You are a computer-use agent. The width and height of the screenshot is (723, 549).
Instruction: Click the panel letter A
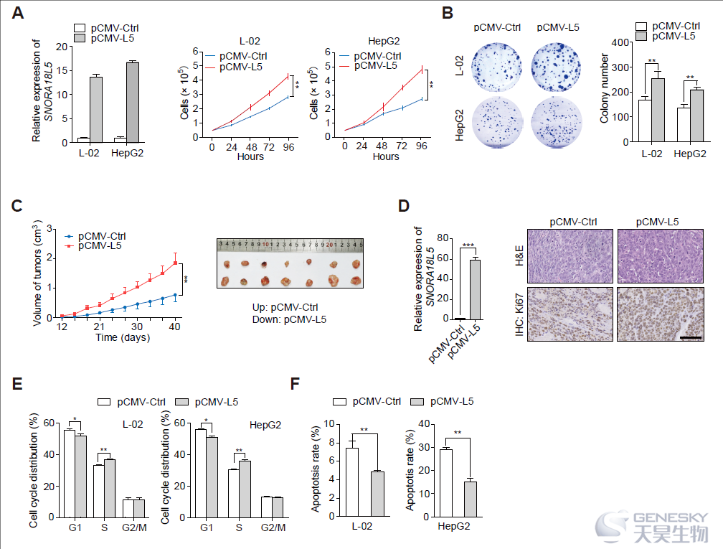tap(17, 13)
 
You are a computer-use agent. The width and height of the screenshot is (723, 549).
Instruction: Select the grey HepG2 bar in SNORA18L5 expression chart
tap(133, 103)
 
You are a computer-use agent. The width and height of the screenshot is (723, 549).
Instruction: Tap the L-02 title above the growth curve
tap(250, 41)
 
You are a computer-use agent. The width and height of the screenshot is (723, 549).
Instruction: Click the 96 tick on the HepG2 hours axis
tap(421, 146)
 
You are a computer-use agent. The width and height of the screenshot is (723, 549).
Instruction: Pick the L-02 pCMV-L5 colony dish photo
tap(556, 67)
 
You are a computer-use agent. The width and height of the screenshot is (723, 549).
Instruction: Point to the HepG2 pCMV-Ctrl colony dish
tap(497, 121)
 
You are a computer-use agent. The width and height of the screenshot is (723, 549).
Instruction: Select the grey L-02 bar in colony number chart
tap(658, 110)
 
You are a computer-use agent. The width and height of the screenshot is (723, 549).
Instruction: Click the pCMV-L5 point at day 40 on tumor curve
tap(175, 263)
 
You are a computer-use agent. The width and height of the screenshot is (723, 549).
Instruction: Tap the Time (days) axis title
tap(123, 337)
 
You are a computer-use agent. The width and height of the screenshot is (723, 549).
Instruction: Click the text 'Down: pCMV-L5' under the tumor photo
tap(289, 320)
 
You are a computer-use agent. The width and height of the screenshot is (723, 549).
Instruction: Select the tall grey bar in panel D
tap(475, 290)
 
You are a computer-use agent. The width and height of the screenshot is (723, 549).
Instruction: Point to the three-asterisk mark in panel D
tap(468, 245)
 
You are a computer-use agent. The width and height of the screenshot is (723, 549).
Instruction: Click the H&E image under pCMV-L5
tap(661, 256)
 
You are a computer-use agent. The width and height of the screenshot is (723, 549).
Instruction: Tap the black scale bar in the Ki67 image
tap(691, 337)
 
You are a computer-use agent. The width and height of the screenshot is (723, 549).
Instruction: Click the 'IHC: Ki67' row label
tap(519, 314)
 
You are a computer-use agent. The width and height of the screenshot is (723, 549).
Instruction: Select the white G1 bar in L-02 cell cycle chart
tap(70, 474)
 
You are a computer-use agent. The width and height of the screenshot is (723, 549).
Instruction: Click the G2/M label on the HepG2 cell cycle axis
tap(273, 527)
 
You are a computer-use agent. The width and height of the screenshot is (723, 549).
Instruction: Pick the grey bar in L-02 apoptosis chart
tap(377, 494)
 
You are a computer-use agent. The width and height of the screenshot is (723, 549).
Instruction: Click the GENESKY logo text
tap(671, 517)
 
